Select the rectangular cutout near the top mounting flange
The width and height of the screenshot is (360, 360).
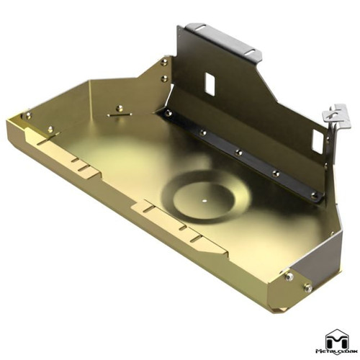211,83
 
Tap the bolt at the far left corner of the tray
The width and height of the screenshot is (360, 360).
28,115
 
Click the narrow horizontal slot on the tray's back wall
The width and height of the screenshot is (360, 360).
120,113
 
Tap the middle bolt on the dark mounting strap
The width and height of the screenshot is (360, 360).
238,152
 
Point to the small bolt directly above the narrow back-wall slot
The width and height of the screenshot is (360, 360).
119,108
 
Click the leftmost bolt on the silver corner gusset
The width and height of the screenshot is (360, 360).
289,277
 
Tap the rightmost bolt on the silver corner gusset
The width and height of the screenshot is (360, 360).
308,288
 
